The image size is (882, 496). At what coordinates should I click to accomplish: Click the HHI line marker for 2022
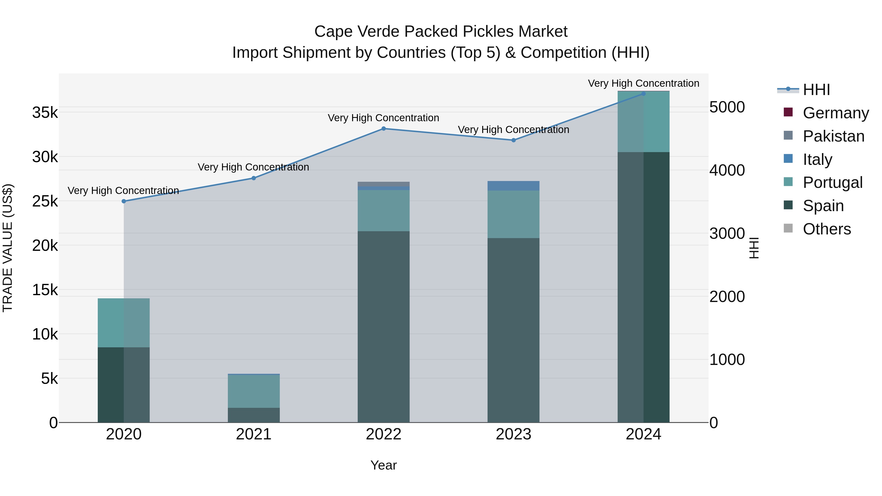tap(383, 129)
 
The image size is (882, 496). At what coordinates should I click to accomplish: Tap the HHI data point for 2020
tap(124, 201)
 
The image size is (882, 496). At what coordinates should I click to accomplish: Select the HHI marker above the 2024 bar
tap(643, 94)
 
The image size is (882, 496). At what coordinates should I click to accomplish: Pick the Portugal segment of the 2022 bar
tap(383, 210)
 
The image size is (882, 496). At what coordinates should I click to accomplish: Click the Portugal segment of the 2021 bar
tap(254, 391)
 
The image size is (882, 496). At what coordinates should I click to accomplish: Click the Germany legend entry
tap(835, 113)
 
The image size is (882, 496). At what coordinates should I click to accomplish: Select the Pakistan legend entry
tap(833, 136)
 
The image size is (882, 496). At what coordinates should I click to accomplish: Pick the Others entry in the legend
tap(827, 229)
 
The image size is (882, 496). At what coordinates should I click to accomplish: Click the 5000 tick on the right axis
tap(727, 107)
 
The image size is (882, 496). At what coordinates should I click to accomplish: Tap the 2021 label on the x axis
tap(254, 434)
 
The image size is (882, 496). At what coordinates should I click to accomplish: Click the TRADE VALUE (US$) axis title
tap(8, 248)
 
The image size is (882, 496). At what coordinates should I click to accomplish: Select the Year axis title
tap(383, 465)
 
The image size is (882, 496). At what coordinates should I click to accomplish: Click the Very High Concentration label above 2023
tap(513, 130)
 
